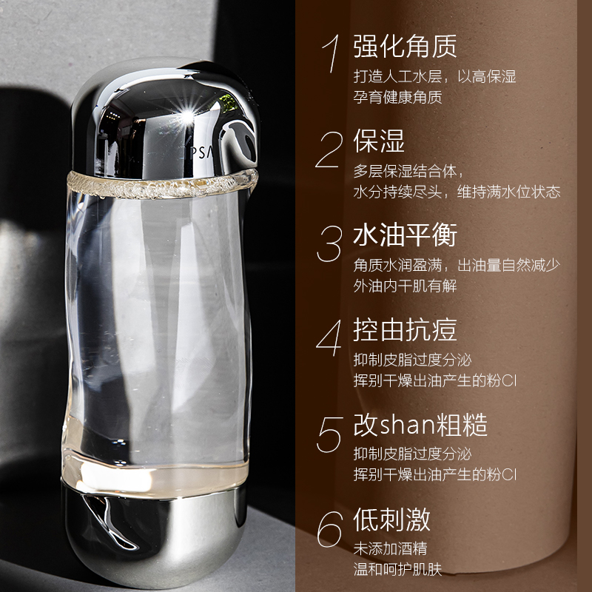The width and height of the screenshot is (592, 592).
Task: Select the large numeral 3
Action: point(329,243)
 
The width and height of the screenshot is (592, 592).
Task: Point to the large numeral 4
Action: point(329,338)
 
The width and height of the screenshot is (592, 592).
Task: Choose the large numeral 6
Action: point(329,528)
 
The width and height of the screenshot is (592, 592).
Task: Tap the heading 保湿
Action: point(379,141)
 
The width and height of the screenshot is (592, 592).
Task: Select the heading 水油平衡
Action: point(405,235)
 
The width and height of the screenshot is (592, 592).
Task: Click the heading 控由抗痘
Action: point(405,330)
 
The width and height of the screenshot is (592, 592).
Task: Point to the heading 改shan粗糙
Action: point(420,425)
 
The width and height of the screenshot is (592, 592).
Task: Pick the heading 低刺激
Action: point(391,519)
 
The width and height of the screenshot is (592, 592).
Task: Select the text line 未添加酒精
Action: point(391,549)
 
